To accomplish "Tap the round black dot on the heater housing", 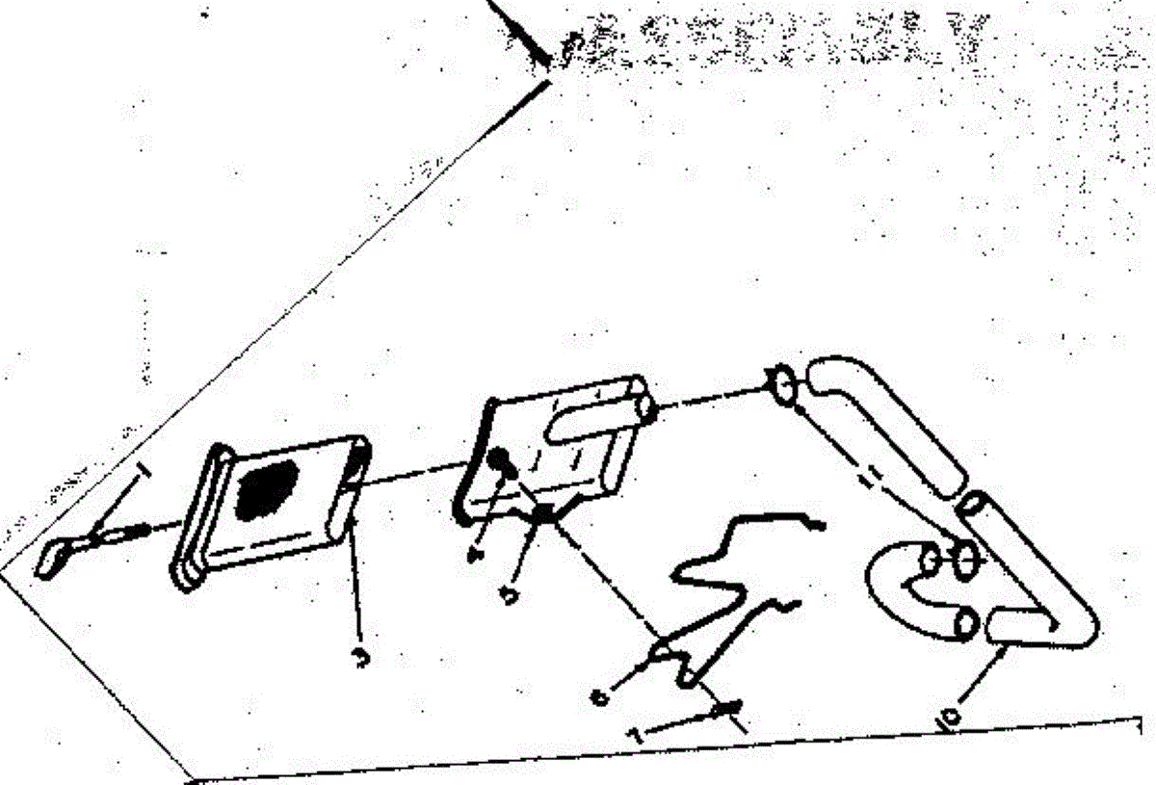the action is (500, 460).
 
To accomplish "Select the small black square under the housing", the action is (544, 511).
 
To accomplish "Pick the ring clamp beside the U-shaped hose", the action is (966, 556).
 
